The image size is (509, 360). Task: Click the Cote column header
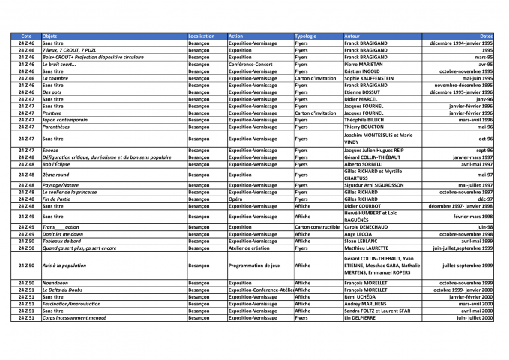[x=27, y=36]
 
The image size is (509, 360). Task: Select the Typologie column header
[x=306, y=36]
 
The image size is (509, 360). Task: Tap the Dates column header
[x=486, y=36]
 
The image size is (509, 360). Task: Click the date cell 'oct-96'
[x=484, y=139]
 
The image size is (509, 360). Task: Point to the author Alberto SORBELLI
[x=364, y=164]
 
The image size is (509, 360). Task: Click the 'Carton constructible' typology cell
[x=318, y=226]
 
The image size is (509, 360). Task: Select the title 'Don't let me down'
[x=63, y=233]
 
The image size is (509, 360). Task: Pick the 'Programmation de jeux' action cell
[x=255, y=265]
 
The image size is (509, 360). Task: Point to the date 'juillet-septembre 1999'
[x=468, y=265]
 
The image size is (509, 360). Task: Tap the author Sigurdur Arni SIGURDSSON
[x=381, y=185]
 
